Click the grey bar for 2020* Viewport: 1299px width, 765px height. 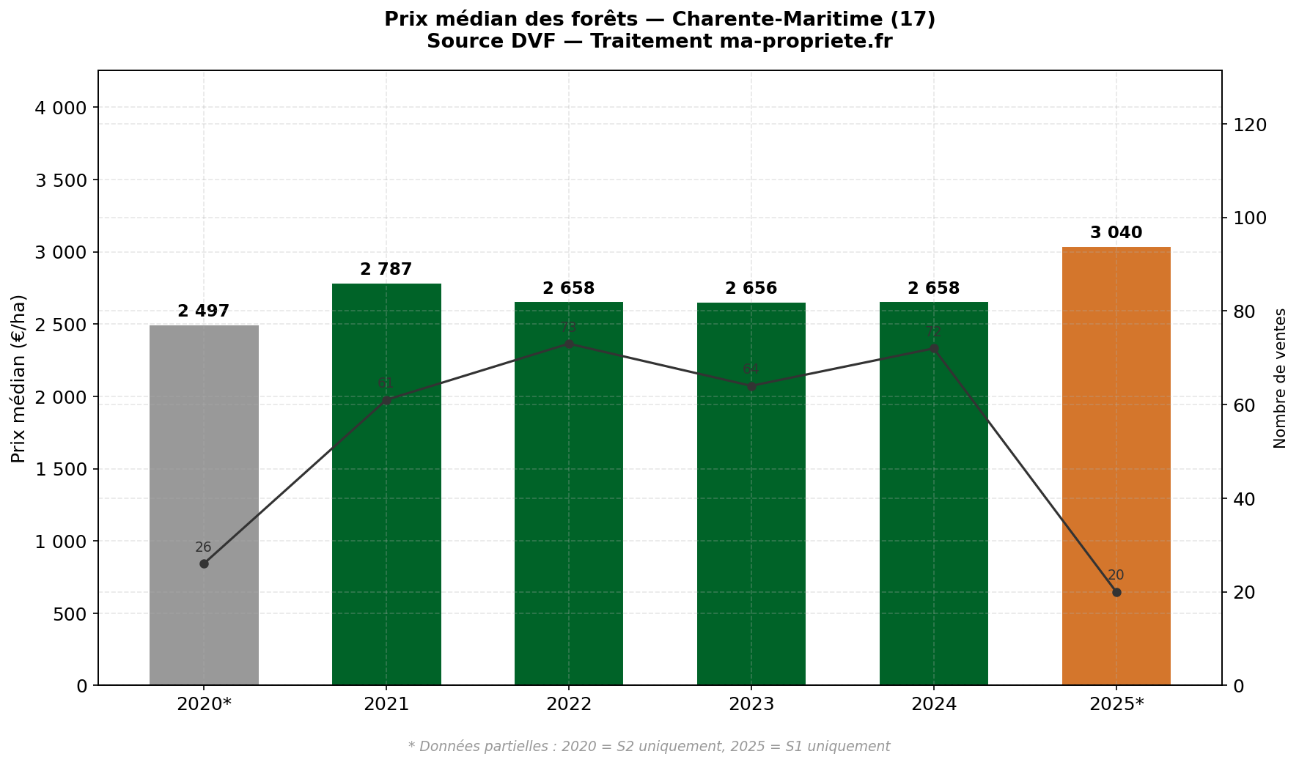coord(204,506)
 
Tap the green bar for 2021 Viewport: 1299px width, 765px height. coord(386,484)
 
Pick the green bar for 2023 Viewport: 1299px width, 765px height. coord(751,494)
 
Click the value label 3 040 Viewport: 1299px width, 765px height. coord(1116,233)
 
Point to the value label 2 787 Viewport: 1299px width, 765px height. coord(386,270)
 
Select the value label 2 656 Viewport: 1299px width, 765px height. coord(751,289)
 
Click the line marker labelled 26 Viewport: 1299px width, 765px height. coord(204,563)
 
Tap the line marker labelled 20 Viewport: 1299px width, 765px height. coord(1116,592)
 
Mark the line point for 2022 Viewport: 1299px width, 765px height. coord(569,344)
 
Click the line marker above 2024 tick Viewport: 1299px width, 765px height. coord(933,349)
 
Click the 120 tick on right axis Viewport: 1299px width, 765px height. coord(1250,125)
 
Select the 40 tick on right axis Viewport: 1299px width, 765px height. coord(1245,499)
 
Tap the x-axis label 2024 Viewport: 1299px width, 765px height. coord(933,705)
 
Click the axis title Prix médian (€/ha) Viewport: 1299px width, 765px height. coord(19,378)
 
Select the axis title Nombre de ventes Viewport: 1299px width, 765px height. coord(1280,378)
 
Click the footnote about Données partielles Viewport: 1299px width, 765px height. coord(649,747)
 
